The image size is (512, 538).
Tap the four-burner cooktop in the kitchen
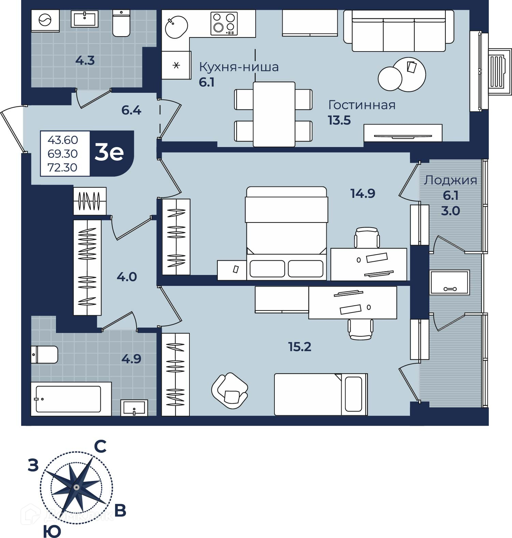(224, 24)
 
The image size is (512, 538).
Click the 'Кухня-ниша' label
(239, 67)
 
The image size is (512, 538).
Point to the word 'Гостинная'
(362, 105)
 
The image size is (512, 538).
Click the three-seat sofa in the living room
(399, 31)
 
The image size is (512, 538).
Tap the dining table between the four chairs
(274, 114)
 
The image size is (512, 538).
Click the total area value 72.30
(62, 168)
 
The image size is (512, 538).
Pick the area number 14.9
(363, 193)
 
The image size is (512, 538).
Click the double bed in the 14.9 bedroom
(286, 233)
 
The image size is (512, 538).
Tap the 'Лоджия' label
(450, 180)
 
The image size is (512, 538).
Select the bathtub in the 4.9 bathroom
(71, 399)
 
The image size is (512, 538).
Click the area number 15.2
(300, 347)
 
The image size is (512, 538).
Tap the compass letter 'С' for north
(100, 446)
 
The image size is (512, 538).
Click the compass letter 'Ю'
(52, 531)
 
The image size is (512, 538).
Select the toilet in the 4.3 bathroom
(121, 23)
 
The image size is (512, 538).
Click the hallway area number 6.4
(131, 111)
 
